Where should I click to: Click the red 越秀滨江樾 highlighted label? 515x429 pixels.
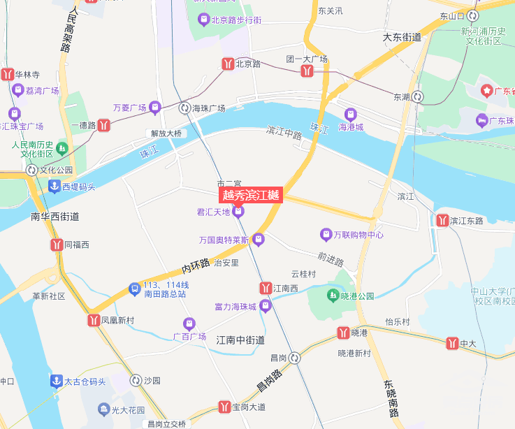[250, 196]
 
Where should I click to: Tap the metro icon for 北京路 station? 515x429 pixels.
[228, 64]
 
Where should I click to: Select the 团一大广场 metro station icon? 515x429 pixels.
[307, 71]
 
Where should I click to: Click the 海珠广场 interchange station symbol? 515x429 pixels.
[184, 108]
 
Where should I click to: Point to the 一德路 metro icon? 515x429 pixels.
[104, 126]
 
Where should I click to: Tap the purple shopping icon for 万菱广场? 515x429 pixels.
[155, 108]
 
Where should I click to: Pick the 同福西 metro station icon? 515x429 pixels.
[57, 245]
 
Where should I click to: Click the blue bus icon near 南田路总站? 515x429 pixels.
[134, 289]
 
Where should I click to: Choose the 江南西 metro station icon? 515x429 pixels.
[266, 288]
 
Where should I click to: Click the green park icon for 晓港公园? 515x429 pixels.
[333, 296]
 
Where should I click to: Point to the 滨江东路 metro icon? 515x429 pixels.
[442, 220]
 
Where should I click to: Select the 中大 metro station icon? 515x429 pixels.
[452, 343]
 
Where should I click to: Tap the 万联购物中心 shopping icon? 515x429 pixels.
[326, 234]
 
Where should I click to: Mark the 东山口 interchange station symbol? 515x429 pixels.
[473, 15]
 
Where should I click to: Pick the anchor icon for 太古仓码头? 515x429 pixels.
[55, 381]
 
